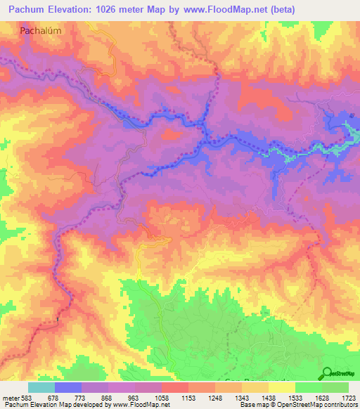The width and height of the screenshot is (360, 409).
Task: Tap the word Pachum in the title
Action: click(26, 11)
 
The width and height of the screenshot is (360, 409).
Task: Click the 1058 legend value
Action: click(161, 398)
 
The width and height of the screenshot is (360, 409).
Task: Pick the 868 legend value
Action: click(108, 398)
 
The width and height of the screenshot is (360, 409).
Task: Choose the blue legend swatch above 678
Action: click(67, 387)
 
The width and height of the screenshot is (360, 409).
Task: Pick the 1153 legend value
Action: click(188, 398)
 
